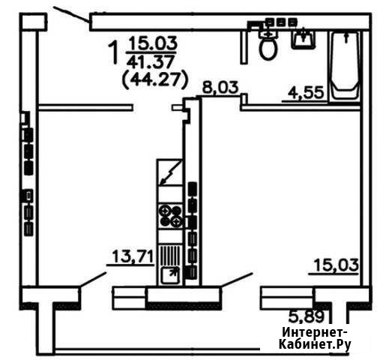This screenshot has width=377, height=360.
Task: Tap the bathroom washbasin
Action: [x=303, y=39]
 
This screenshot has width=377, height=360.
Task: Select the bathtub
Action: [x=346, y=66]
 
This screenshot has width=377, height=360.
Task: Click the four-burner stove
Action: [x=171, y=216]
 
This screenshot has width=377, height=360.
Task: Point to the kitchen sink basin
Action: [x=170, y=275]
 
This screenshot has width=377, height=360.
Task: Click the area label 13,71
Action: [x=133, y=256]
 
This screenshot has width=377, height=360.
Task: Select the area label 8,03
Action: [x=220, y=88]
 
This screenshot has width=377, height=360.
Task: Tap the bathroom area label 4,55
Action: [x=306, y=93]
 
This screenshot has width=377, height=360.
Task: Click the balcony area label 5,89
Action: [x=307, y=316]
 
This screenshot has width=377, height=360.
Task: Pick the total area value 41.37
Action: [x=150, y=61]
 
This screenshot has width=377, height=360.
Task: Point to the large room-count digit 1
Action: [x=114, y=52]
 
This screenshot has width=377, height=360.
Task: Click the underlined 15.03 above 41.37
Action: [x=153, y=43]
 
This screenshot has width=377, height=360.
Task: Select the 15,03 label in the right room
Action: [x=337, y=265]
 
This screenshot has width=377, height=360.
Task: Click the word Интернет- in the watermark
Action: [x=315, y=333]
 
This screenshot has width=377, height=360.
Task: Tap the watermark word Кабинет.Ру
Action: [x=315, y=345]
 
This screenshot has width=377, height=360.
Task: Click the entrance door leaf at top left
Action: [x=72, y=15]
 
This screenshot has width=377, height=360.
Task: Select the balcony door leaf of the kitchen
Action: [x=92, y=280]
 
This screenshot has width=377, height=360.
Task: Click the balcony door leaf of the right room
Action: [x=236, y=280]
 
